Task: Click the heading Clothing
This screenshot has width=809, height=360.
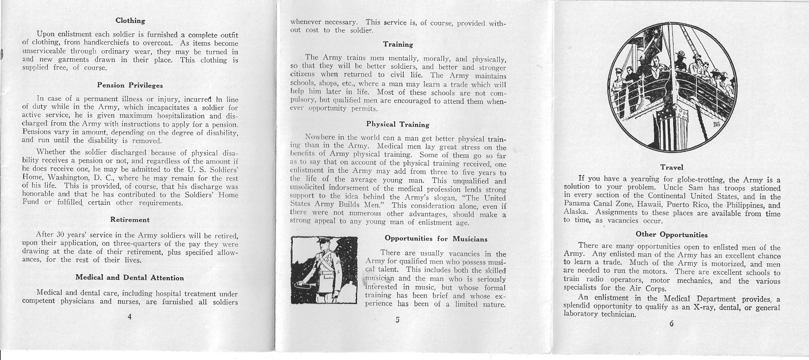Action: pos(130,21)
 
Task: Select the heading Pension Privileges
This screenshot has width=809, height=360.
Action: pos(130,85)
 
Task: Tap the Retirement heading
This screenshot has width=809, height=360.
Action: pos(130,220)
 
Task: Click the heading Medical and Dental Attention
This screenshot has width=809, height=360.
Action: pos(130,278)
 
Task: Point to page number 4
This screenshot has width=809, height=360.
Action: pos(129,317)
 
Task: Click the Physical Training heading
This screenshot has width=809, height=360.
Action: pos(397,124)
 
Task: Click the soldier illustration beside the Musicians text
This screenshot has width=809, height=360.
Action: pos(324,270)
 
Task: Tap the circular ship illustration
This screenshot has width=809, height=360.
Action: pos(672,87)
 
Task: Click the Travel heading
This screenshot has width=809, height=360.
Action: pos(672,167)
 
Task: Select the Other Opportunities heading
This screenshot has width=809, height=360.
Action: pos(672,235)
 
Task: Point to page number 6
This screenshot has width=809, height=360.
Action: pos(671,324)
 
